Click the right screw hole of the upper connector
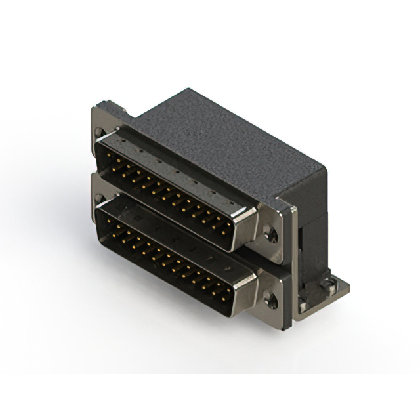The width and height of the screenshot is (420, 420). pyautogui.click(x=269, y=232)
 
